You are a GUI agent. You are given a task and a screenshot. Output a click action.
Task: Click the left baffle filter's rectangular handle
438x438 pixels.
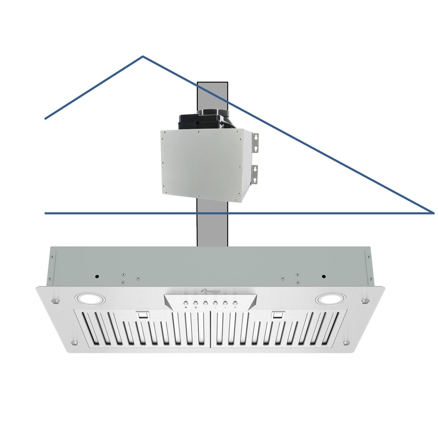tap(143, 316)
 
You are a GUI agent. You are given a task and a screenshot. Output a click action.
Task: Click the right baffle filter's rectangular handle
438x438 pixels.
tap(277, 316)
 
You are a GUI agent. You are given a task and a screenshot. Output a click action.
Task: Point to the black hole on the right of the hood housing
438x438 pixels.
tap(324, 276)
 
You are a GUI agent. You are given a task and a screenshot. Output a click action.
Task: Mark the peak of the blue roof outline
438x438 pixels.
tap(143, 57)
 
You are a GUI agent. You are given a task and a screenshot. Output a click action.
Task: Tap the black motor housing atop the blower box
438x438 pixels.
tap(204, 120)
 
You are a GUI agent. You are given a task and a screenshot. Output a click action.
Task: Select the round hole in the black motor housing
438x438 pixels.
tap(197, 123)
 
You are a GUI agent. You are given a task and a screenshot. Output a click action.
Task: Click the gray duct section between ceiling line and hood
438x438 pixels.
tap(212, 230)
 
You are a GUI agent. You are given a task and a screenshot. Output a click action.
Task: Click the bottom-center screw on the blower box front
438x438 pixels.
tap(198, 196)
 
